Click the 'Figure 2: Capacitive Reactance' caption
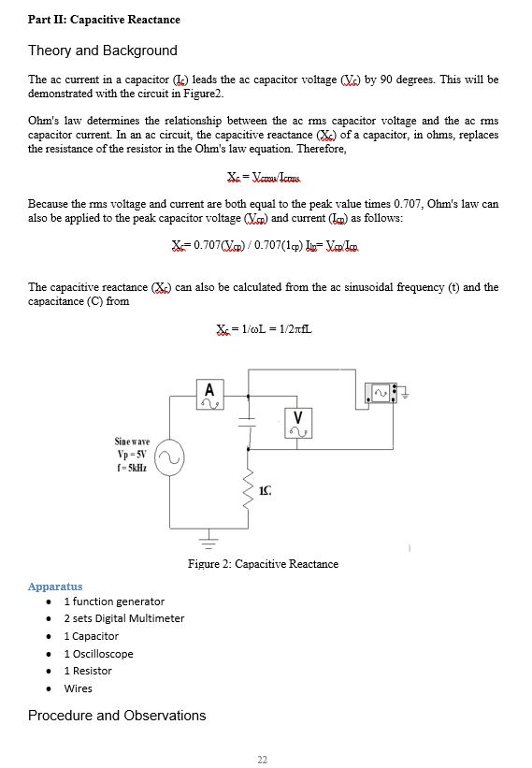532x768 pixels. pos(263,564)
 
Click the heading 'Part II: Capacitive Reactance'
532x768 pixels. pos(104,20)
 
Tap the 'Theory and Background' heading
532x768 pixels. pos(103,51)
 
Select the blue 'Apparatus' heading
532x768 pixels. pos(55,587)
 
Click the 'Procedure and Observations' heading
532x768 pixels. pos(117,716)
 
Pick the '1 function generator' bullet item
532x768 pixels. pos(114,601)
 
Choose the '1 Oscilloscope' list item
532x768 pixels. pos(98,654)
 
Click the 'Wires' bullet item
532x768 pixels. pos(78,688)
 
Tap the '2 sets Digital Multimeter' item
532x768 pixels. pos(123,618)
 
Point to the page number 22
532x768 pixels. pos(263,759)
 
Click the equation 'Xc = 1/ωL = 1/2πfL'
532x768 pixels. pos(262,328)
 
